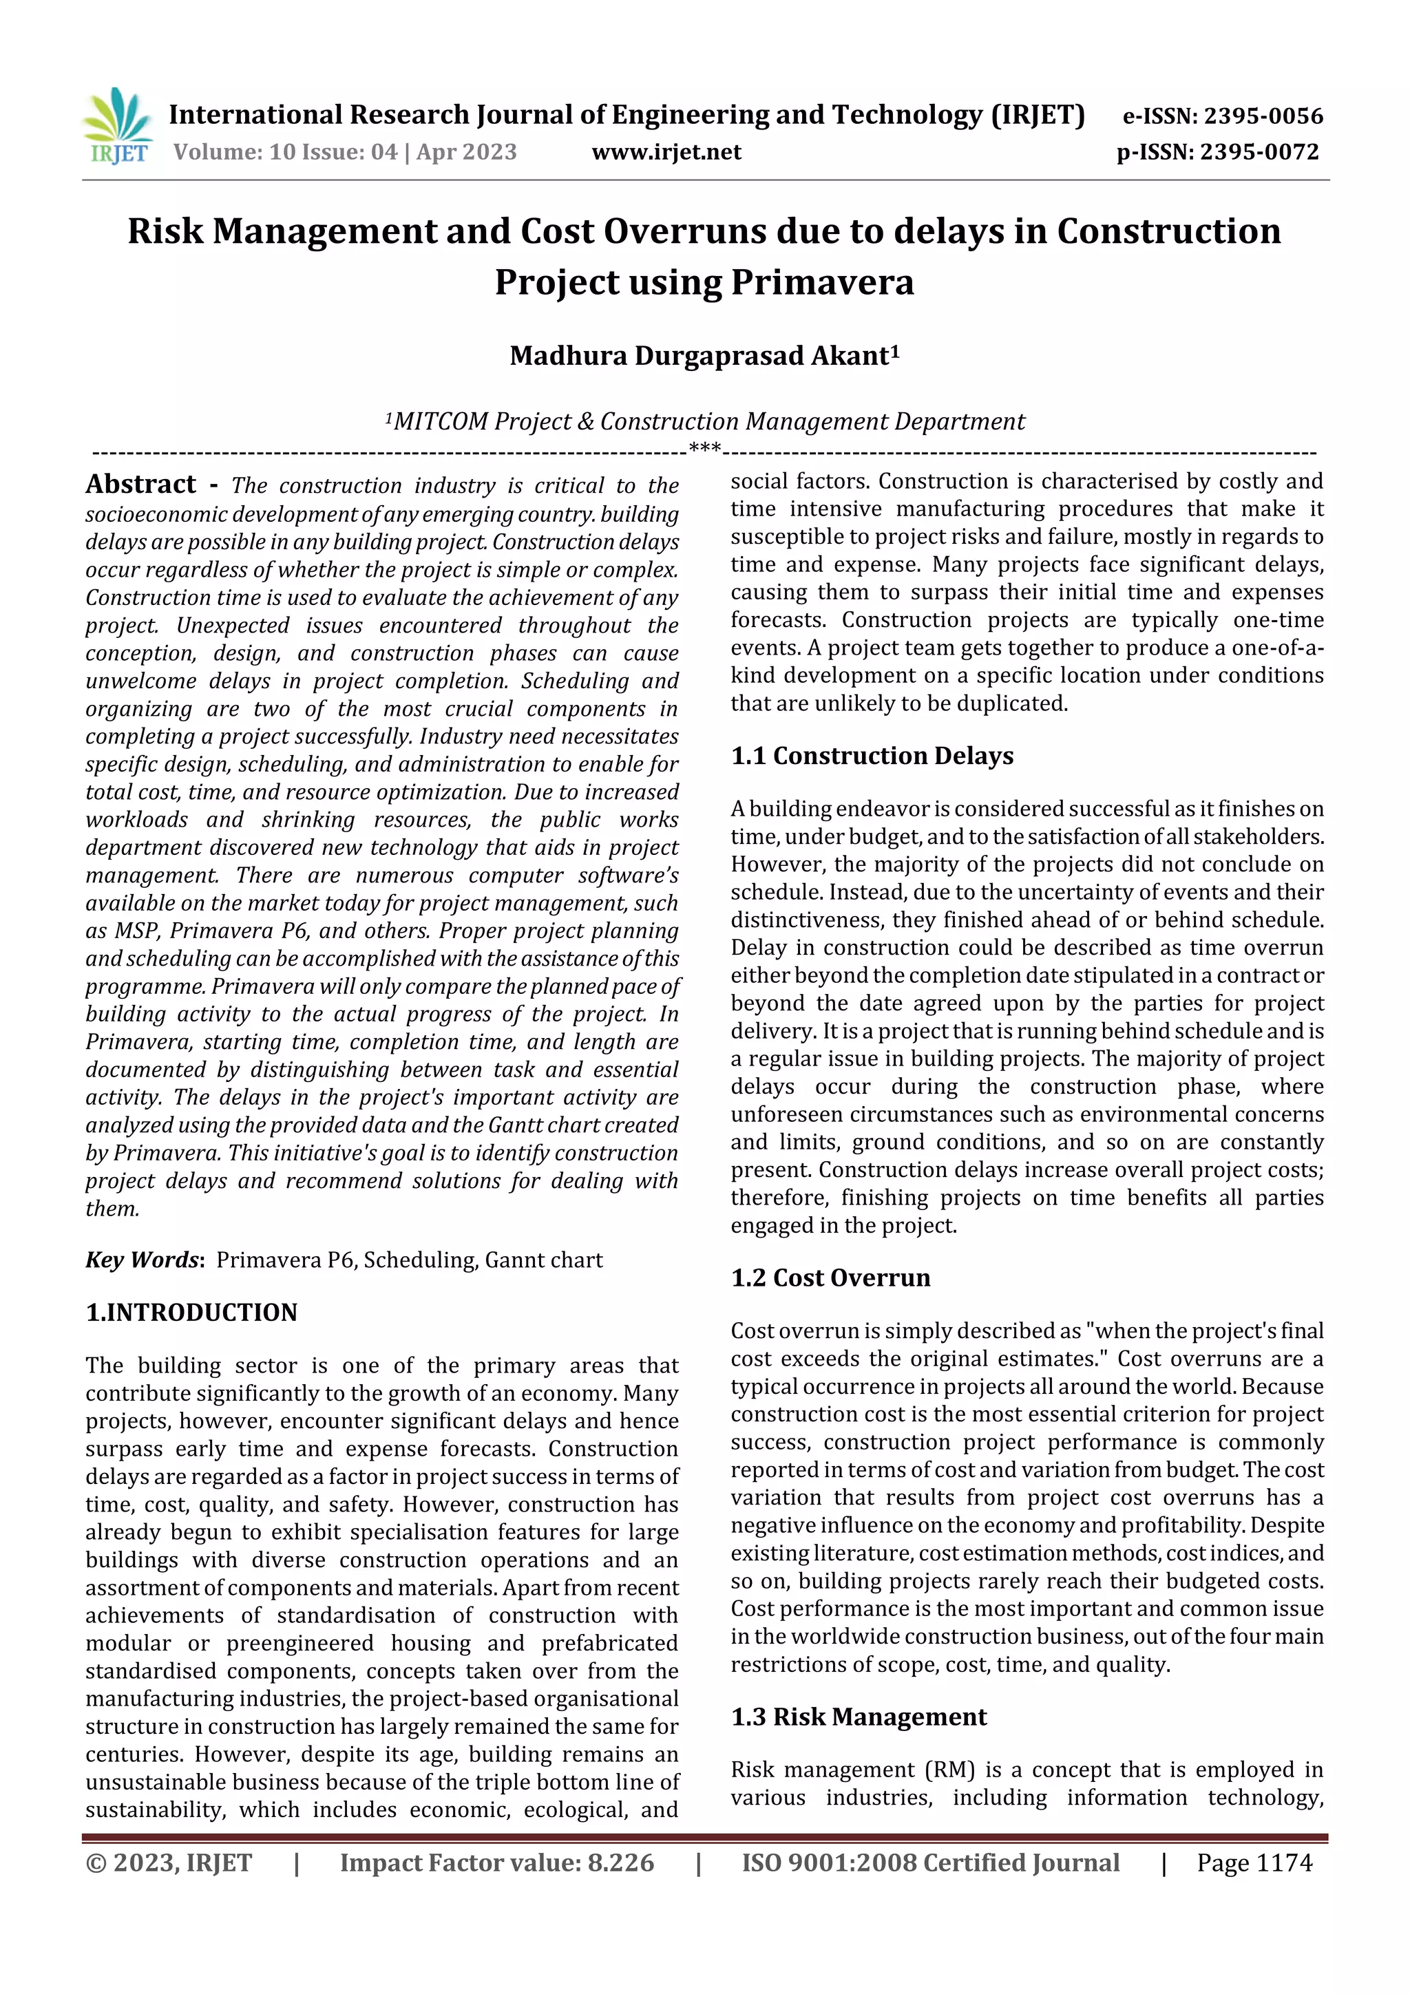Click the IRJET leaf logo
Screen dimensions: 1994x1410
pos(117,127)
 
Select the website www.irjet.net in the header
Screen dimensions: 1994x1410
pos(666,152)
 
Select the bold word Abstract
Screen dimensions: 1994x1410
pos(140,484)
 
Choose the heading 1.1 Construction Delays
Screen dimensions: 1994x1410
pos(872,756)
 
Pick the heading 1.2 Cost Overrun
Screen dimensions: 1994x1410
pos(830,1277)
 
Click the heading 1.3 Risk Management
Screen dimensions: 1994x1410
pos(859,1717)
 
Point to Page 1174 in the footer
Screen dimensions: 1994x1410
pos(1254,1863)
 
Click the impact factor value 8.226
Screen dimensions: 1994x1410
pos(620,1863)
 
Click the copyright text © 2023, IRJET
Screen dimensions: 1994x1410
pos(169,1863)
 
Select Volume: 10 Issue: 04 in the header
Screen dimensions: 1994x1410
pos(285,152)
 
